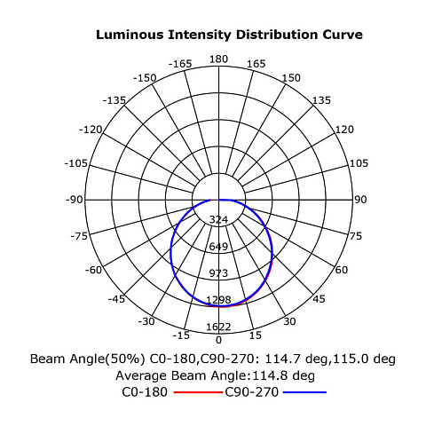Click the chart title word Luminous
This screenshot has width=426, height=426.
coord(130,35)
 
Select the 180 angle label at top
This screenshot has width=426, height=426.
coord(218,59)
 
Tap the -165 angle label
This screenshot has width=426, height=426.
coord(180,64)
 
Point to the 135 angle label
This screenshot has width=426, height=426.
coord(321,100)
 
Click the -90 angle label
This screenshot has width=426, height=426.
coord(75,200)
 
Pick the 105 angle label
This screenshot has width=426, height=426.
coord(359,163)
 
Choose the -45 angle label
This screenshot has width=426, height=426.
coord(116,299)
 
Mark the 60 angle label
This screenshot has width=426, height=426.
coord(342,270)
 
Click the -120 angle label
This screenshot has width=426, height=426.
coord(91,130)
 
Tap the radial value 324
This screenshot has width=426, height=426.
coord(218,219)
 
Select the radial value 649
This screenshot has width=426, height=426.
coord(218,246)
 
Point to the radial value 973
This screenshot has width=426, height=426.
coord(218,273)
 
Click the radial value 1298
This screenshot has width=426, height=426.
coord(218,300)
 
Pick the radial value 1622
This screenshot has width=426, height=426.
coord(218,327)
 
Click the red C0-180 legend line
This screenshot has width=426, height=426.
coord(198,392)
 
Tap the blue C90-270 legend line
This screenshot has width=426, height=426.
coord(304,392)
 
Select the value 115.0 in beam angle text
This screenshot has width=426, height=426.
coord(351,359)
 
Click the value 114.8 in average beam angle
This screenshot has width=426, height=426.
coord(269,375)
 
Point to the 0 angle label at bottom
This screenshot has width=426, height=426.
coord(218,340)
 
